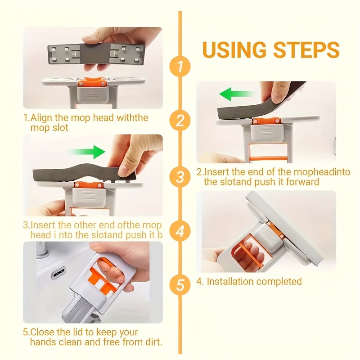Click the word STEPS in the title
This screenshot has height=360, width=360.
pos(307,50)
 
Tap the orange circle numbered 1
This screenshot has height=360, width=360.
pos(180,67)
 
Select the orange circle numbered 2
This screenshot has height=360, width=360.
pos(180,121)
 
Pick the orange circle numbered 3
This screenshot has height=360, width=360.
pos(180,176)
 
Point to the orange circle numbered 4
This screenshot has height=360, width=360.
pos(180,231)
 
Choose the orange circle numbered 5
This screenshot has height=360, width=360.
pos(180,285)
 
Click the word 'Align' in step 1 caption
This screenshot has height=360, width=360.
pos(42,118)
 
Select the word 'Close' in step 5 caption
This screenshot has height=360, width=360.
pos(42,332)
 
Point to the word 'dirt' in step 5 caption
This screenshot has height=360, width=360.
pos(152,342)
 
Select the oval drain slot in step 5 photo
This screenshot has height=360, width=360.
pos(58,273)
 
